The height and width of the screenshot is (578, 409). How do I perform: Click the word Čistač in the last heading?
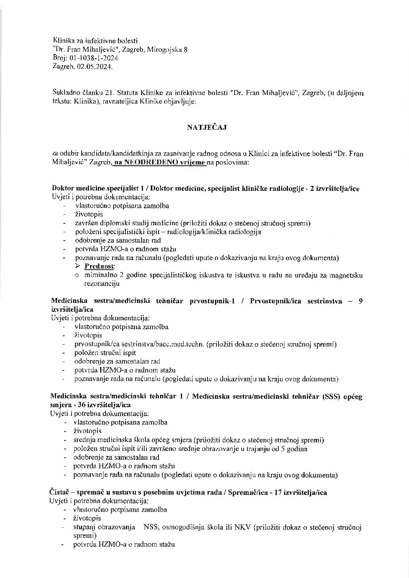pyautogui.click(x=60, y=493)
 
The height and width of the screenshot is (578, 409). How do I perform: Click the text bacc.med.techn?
pyautogui.click(x=181, y=344)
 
